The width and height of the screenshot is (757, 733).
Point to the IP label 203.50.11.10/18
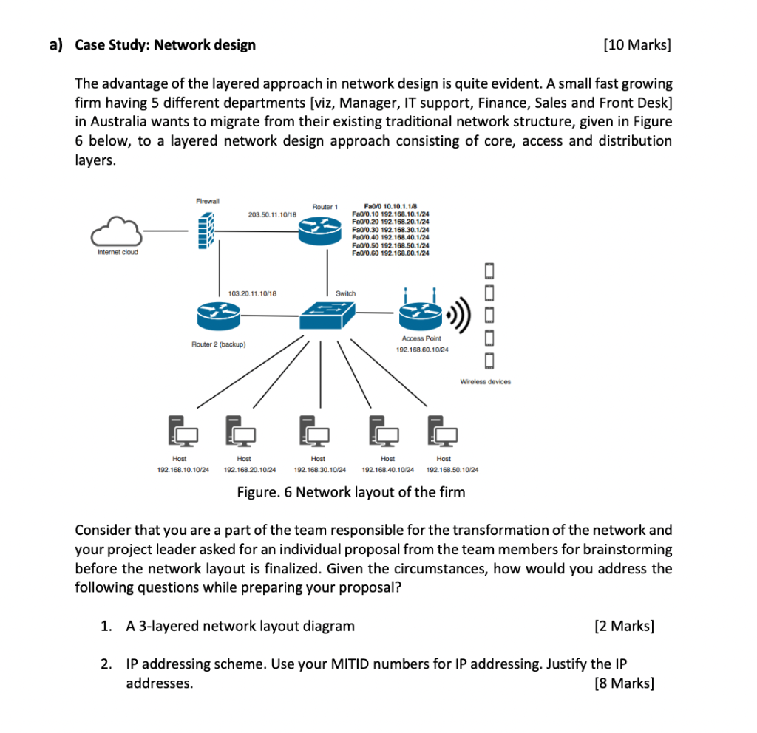[273, 214]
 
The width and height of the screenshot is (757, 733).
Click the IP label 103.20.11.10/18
[253, 293]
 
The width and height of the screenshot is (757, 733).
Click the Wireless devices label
[485, 382]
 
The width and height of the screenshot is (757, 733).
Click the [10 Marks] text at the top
[637, 46]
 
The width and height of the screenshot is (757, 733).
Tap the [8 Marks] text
[625, 683]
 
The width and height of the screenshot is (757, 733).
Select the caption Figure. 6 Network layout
[350, 492]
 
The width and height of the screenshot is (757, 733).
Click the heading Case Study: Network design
[166, 46]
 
